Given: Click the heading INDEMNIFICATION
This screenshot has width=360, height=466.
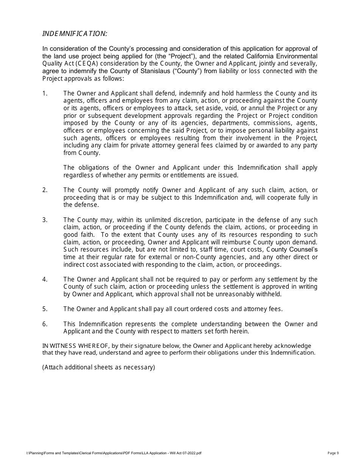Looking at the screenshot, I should tap(75, 34).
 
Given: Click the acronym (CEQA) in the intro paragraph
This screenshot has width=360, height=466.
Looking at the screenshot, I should tap(86, 63).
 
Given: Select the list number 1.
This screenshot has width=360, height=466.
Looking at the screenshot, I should tap(45, 93).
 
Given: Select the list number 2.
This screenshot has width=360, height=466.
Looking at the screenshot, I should tap(45, 190).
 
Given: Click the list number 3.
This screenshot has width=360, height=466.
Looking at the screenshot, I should tap(45, 220).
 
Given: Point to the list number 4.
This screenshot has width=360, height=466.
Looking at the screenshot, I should tap(45, 279).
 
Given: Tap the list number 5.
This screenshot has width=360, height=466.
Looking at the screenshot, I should tap(45, 309).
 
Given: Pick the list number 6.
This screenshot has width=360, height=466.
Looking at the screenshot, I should tap(45, 324).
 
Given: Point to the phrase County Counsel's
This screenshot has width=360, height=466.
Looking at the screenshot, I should tap(292, 249).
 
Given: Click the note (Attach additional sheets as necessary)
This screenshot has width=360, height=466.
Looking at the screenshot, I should tap(99, 367).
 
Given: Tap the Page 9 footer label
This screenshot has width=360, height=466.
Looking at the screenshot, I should tap(333, 453).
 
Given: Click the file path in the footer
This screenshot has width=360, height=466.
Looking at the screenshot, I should tap(114, 453).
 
